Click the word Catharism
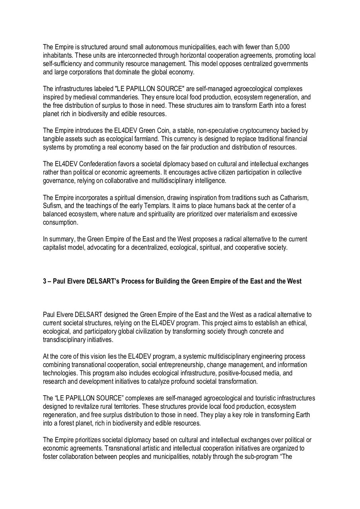(x=294, y=197)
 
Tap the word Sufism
(x=53, y=206)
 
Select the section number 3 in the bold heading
(x=45, y=281)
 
